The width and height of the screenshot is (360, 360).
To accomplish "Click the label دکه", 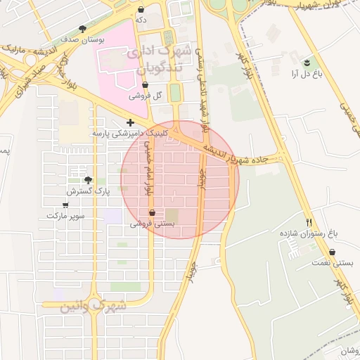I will [141, 20].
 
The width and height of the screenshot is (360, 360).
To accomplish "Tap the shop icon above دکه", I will [142, 10].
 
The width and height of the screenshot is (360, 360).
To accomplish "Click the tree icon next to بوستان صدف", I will [82, 29].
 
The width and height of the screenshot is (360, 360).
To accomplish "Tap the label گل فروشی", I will [148, 95].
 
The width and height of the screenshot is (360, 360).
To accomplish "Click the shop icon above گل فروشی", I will [144, 84].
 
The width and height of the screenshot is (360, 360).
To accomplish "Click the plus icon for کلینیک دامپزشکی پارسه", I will [130, 122].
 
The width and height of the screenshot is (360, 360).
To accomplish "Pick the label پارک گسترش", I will [85, 191].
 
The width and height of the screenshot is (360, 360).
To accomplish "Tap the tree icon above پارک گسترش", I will [87, 181].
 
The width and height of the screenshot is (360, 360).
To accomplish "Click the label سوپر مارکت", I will [65, 216].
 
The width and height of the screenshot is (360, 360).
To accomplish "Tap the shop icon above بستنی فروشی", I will [153, 212].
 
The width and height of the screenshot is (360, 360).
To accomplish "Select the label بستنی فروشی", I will [152, 223].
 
